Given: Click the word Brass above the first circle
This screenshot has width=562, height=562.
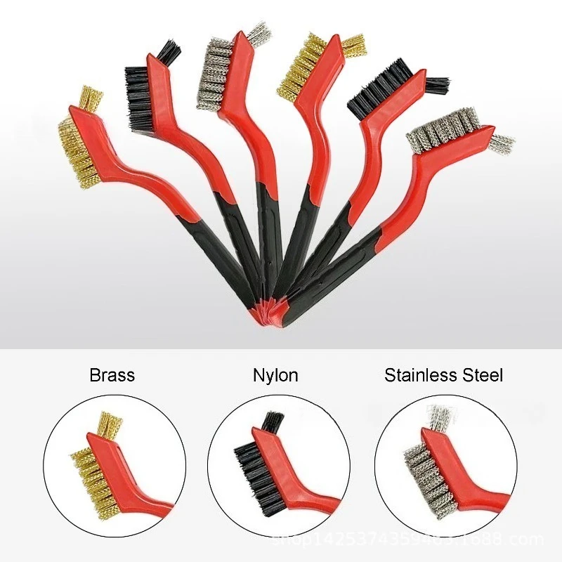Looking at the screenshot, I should [112, 374].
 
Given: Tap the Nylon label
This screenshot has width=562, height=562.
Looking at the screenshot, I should [275, 375].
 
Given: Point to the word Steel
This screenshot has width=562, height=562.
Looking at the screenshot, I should [481, 374].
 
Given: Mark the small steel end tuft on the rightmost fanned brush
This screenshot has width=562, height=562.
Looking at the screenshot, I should [500, 143].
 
